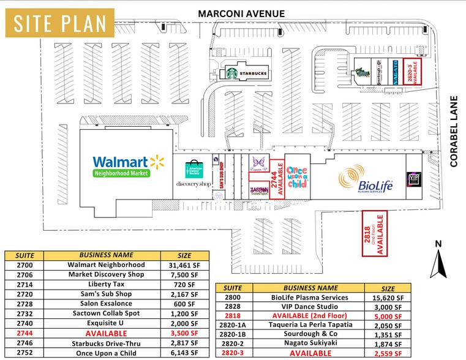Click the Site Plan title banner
click(60, 23)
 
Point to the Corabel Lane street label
click(454, 131)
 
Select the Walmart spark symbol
click(158, 162)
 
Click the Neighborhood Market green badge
click(121, 173)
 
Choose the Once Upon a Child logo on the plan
click(297, 176)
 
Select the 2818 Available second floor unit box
click(375, 233)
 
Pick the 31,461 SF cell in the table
click(185, 264)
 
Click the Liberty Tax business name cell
click(107, 285)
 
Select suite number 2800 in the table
click(233, 298)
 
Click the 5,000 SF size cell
click(388, 316)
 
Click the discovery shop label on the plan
click(194, 184)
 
